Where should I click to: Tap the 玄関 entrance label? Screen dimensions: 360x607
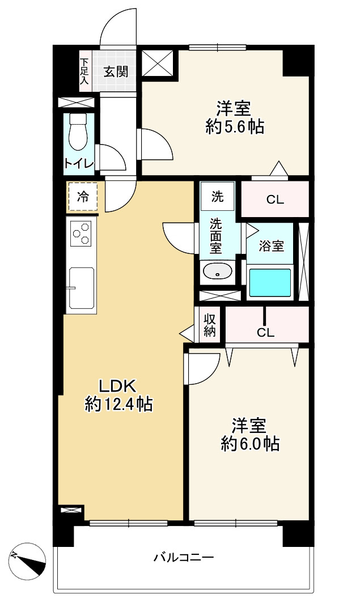click(115, 72)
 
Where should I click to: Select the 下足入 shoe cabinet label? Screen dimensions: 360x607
click(84, 71)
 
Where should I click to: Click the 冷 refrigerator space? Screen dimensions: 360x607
click(82, 197)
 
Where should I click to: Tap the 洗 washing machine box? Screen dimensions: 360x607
click(217, 196)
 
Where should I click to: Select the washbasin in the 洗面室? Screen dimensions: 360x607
click(217, 271)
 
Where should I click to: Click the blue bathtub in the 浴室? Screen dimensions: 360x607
click(270, 283)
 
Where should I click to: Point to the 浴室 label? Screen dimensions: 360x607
click(271, 246)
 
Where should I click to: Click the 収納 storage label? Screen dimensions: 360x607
click(209, 325)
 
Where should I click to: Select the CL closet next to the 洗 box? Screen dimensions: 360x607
click(275, 199)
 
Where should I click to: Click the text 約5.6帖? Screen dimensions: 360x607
click(235, 126)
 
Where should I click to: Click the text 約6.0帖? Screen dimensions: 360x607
click(250, 444)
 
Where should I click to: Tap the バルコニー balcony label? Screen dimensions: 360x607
click(184, 558)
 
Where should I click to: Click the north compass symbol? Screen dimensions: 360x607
click(28, 559)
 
